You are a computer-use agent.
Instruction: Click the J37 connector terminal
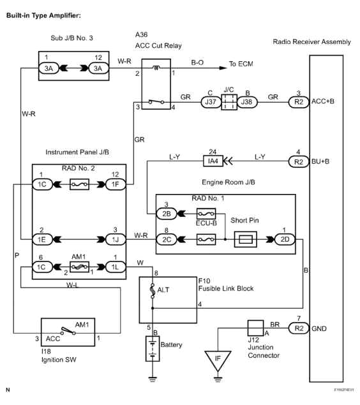point(209,101)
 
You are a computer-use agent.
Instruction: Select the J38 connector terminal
point(247,101)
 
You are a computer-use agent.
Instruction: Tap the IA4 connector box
point(210,162)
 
